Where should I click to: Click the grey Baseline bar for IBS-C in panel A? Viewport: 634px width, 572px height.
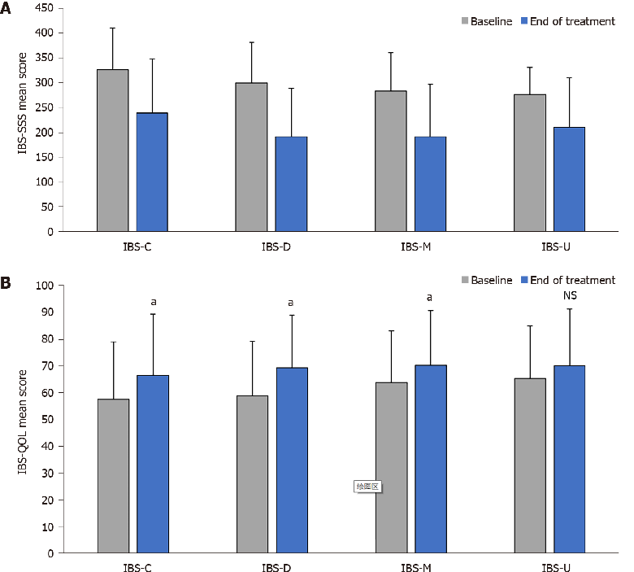113,151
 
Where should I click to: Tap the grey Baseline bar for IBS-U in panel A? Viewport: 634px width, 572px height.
530,163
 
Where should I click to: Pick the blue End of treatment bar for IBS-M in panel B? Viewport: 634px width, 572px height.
431,459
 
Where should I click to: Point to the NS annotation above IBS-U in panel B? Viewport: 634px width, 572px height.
570,298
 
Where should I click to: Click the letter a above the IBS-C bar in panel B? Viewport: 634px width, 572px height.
153,303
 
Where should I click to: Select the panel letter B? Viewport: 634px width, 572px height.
7,283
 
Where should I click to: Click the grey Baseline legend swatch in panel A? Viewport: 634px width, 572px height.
468,22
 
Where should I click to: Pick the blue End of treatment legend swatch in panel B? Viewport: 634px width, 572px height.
524,281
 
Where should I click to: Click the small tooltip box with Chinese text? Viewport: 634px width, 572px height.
367,487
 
